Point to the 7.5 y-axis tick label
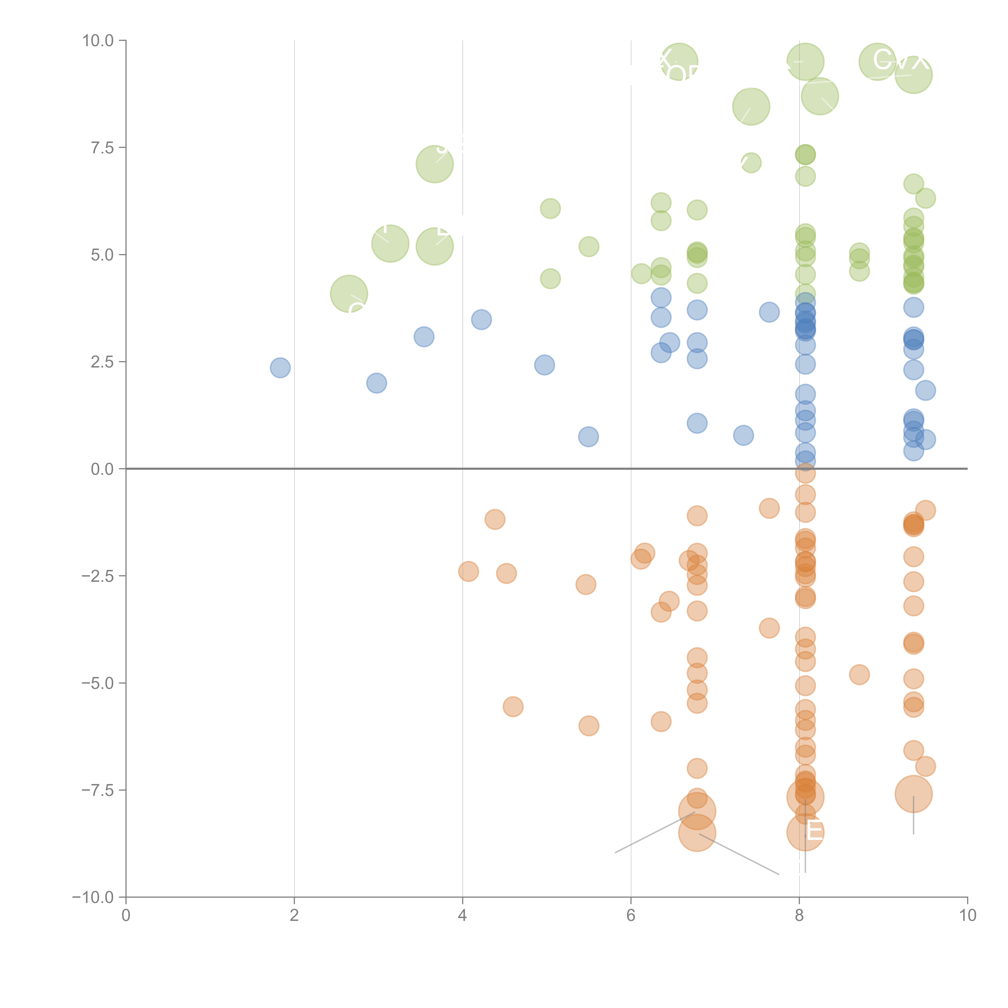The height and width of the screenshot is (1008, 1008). pos(102,148)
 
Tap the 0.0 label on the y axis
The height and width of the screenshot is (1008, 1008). pos(102,469)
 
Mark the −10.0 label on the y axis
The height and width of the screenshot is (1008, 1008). pos(93,897)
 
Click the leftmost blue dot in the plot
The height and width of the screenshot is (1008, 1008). pos(280,368)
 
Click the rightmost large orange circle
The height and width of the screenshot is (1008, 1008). pos(913,794)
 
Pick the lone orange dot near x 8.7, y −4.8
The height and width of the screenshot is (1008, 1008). pos(859,675)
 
